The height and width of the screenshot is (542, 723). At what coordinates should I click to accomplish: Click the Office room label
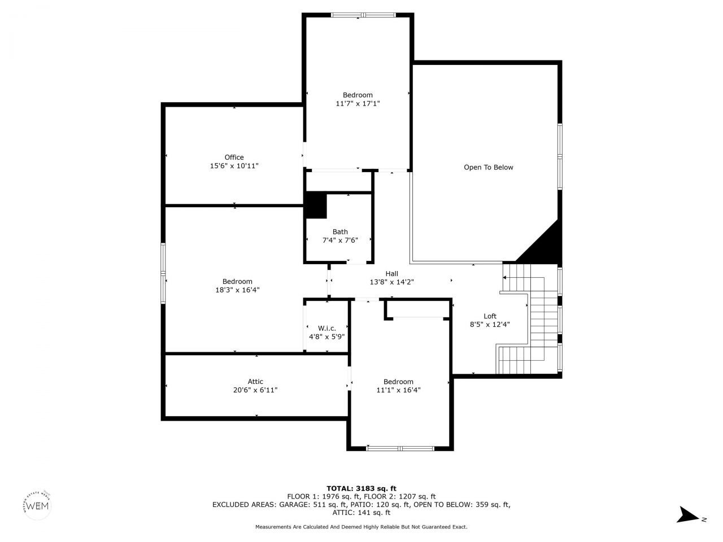coord(234,158)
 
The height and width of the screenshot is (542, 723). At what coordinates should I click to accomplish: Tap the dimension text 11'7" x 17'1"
coord(358,103)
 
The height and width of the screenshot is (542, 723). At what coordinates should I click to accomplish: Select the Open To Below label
coord(488,167)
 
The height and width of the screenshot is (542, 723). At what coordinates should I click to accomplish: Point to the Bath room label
coord(340,231)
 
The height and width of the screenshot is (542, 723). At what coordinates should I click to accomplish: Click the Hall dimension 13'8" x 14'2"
coord(391,282)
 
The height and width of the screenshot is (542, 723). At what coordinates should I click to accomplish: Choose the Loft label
coord(490,316)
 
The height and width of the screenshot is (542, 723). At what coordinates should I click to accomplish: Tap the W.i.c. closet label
coord(326,328)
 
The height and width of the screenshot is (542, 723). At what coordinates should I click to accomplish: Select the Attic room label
coord(255,382)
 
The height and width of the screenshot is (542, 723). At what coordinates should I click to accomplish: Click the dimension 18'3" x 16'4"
coord(237,290)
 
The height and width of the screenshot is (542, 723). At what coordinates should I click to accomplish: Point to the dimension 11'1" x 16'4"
coord(398,390)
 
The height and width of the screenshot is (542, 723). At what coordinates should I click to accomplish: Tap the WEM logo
coord(38,504)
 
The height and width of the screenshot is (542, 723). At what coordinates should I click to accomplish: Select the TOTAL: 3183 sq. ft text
coord(361,488)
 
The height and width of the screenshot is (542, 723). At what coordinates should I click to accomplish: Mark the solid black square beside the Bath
coord(316,206)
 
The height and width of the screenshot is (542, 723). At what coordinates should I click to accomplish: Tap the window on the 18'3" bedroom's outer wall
coord(163,273)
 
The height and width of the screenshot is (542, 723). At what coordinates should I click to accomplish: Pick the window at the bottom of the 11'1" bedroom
coord(400,448)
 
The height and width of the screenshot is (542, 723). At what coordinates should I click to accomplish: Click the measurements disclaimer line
coord(361,527)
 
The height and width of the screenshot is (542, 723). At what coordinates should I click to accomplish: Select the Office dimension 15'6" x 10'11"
coord(234,166)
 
